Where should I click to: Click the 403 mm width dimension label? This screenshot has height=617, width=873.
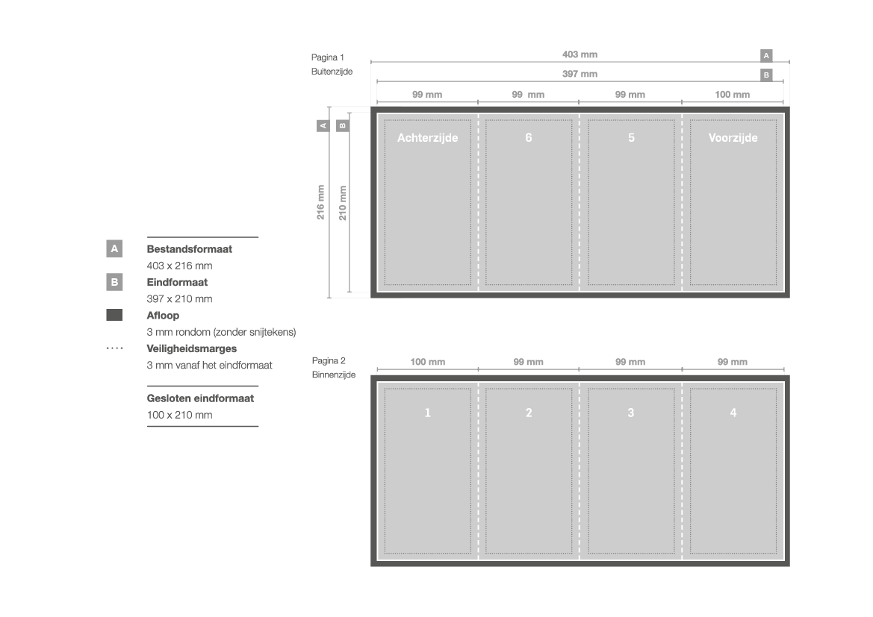(x=580, y=54)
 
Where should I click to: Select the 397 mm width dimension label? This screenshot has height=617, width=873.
(x=580, y=74)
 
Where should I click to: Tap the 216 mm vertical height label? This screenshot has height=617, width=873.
(x=320, y=202)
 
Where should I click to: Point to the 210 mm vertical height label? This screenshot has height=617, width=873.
(x=343, y=202)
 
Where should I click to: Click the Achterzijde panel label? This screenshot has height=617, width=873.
(x=428, y=138)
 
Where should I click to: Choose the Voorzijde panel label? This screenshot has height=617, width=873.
(x=733, y=138)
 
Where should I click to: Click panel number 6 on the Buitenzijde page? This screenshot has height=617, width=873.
(x=529, y=137)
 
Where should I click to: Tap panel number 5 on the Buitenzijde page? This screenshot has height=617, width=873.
(x=631, y=137)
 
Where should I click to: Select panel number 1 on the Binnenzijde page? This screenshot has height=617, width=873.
(x=428, y=413)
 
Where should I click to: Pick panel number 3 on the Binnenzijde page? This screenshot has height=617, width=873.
(x=631, y=413)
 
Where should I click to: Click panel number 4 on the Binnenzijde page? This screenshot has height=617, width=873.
(x=733, y=413)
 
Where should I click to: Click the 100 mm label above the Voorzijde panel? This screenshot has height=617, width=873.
(x=732, y=95)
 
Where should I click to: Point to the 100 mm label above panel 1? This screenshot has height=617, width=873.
(x=428, y=362)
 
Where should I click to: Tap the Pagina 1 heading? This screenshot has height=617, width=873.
(x=328, y=57)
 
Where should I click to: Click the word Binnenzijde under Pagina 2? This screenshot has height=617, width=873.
(x=334, y=375)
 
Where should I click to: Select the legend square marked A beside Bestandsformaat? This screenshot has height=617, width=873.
(x=114, y=248)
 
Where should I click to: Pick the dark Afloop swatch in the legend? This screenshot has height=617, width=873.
(x=114, y=315)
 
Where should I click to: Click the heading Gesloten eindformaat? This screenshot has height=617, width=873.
(x=200, y=398)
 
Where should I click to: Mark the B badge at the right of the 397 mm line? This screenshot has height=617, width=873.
(x=767, y=75)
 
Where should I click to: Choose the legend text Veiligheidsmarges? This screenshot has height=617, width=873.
(x=191, y=349)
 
